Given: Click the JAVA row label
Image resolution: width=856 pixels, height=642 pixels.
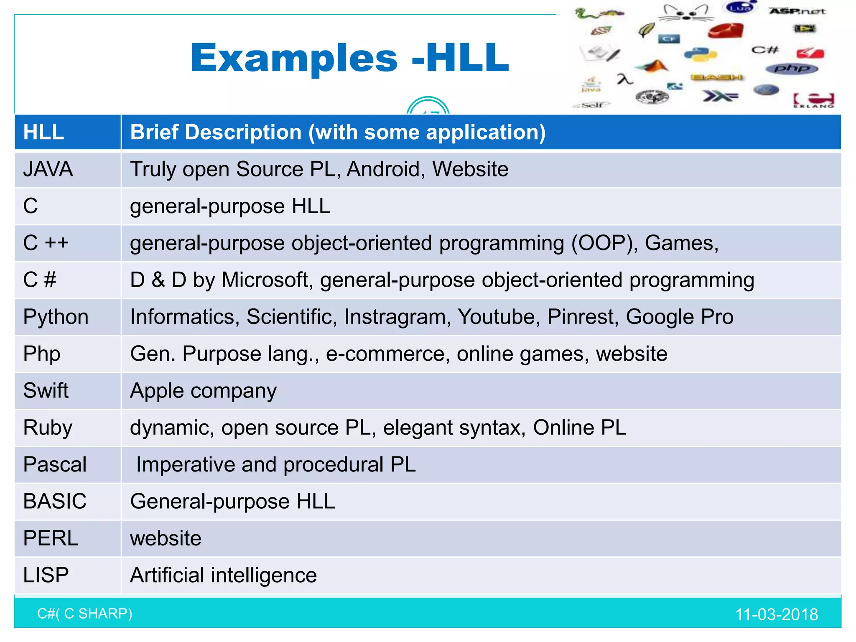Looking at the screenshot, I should pyautogui.click(x=48, y=169).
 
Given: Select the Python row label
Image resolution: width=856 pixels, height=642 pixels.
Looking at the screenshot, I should pyautogui.click(x=56, y=317).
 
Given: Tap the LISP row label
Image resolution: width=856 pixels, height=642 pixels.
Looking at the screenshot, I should pyautogui.click(x=46, y=575).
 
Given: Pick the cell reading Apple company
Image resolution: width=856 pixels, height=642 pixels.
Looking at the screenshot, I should pyautogui.click(x=203, y=391).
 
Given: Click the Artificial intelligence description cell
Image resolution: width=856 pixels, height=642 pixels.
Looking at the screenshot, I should pyautogui.click(x=223, y=575).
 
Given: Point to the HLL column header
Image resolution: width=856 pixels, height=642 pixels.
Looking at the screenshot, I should pyautogui.click(x=43, y=132).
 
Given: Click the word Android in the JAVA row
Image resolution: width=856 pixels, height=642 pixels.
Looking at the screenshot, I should pyautogui.click(x=383, y=169).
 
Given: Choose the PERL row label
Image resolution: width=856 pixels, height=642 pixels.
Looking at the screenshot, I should pyautogui.click(x=51, y=538).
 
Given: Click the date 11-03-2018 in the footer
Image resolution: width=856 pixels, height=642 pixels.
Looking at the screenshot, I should pyautogui.click(x=776, y=614).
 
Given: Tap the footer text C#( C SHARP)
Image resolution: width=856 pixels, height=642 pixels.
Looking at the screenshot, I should pyautogui.click(x=85, y=614).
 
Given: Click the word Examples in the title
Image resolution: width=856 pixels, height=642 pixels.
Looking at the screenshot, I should pyautogui.click(x=294, y=58).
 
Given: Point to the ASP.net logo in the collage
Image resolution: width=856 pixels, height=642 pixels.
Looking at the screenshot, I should pyautogui.click(x=797, y=11).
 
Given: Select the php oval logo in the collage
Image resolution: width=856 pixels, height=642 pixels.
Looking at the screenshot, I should pyautogui.click(x=791, y=69).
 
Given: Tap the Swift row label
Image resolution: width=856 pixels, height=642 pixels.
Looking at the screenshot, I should pyautogui.click(x=46, y=391).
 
